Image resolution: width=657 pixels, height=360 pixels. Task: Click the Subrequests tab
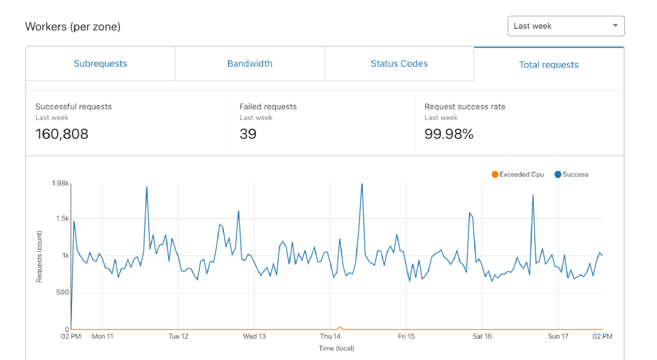click(100, 64)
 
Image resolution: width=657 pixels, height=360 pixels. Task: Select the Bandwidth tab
click(250, 64)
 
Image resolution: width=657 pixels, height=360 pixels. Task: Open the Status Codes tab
click(399, 64)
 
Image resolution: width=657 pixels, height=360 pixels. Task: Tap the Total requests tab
click(549, 65)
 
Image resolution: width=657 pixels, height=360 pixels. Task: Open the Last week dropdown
click(565, 26)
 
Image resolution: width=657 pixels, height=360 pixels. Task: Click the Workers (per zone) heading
click(73, 26)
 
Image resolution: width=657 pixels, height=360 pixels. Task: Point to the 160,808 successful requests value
click(62, 134)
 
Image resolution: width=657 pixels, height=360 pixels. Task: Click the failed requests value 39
click(248, 134)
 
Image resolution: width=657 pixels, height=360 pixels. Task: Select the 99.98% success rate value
click(448, 134)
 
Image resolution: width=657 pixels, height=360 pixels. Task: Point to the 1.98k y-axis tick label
click(60, 184)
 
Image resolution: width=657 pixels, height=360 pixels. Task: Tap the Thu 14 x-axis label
click(330, 336)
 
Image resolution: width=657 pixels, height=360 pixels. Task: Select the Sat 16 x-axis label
click(482, 336)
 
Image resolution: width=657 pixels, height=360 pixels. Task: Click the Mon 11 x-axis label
click(102, 336)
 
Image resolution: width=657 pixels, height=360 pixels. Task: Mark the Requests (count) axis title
click(39, 257)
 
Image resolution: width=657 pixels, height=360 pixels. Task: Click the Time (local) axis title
click(336, 348)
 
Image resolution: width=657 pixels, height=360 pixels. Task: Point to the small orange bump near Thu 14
click(340, 327)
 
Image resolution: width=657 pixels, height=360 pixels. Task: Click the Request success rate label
click(465, 107)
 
